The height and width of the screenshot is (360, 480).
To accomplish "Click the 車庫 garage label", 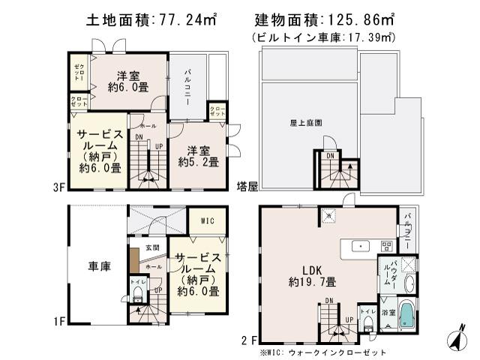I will (x=100, y=266).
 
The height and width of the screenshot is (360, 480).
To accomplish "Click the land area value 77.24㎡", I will (x=184, y=17).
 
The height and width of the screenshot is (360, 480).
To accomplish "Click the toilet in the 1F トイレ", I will (x=137, y=298).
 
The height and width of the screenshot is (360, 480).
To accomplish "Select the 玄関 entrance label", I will (x=152, y=247).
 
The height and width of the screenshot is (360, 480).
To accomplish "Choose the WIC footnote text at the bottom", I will (x=322, y=350).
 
